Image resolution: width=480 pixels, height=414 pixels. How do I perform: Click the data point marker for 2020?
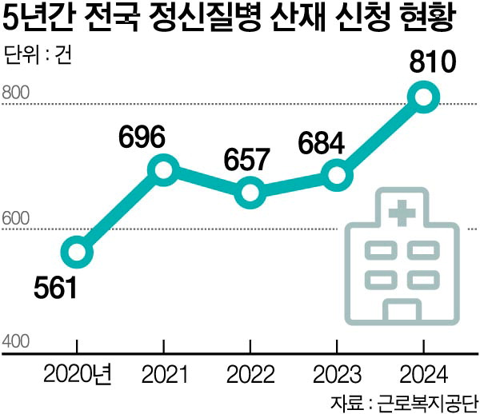pyautogui.click(x=77, y=253)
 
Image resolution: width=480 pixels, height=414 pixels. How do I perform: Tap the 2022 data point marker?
pyautogui.click(x=250, y=193)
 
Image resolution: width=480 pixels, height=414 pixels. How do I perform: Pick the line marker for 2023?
pyautogui.click(x=337, y=175)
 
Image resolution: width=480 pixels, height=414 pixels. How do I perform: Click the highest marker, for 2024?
pyautogui.click(x=423, y=98)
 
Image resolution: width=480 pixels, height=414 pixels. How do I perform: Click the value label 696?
pyautogui.click(x=142, y=137)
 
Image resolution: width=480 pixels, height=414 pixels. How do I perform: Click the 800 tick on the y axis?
pyautogui.click(x=16, y=93)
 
